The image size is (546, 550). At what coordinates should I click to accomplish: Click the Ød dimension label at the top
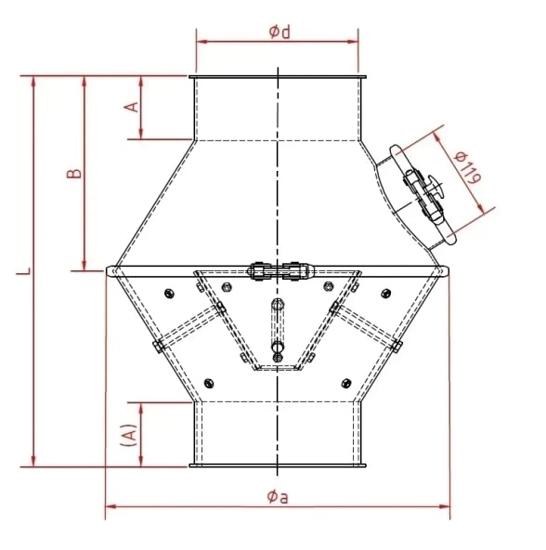(279, 32)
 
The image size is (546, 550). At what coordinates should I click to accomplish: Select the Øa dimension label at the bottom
(277, 496)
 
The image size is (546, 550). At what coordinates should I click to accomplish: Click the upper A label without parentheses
(132, 106)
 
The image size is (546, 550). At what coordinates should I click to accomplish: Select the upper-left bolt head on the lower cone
(168, 295)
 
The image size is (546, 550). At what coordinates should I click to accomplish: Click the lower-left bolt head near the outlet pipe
(207, 382)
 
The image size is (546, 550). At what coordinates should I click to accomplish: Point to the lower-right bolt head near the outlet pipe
(346, 382)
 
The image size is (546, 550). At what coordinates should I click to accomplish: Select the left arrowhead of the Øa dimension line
(108, 506)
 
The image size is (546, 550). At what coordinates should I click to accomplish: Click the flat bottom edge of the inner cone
(278, 368)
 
